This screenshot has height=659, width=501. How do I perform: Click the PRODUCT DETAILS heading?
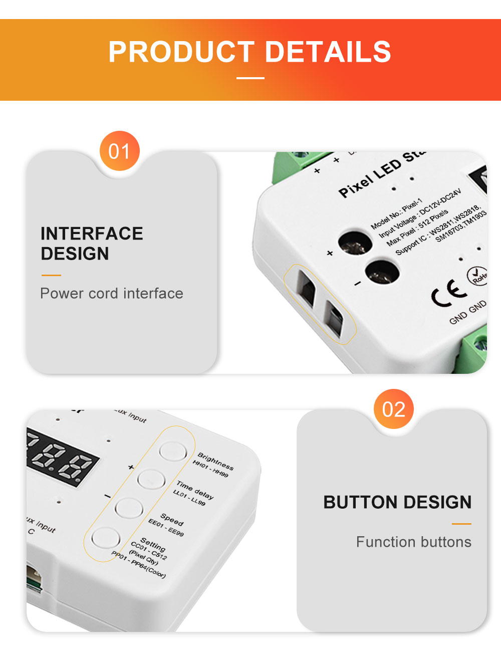(x=249, y=52)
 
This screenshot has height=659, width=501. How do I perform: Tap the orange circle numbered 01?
(x=119, y=151)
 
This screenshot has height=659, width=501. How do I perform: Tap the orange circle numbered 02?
(x=393, y=409)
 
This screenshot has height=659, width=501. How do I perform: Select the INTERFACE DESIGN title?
(x=92, y=244)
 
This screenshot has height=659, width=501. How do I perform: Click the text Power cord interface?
(x=112, y=293)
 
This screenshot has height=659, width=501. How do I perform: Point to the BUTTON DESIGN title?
(x=397, y=502)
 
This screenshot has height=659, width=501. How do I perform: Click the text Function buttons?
(x=413, y=542)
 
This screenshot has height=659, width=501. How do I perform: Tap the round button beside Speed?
(x=129, y=508)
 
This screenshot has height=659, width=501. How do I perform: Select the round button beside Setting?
(x=106, y=538)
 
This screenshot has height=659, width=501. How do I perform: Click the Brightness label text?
(x=215, y=461)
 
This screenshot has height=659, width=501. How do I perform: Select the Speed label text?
(x=172, y=519)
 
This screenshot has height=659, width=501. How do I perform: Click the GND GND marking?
(x=467, y=312)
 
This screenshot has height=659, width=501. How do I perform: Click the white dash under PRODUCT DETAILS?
(x=250, y=78)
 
